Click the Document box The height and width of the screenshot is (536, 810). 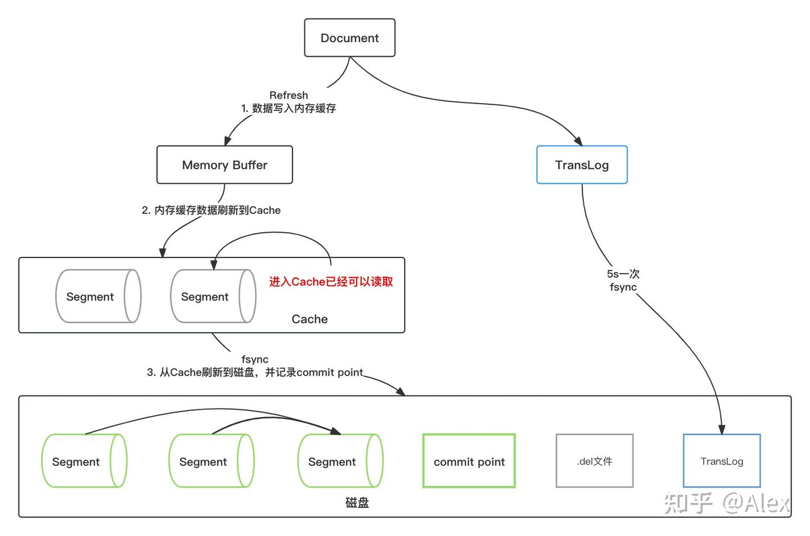[x=349, y=38]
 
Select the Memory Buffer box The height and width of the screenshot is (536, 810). [x=224, y=165]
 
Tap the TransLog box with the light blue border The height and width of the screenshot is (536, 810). [x=582, y=165]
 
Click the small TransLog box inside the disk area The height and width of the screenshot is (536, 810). [x=722, y=461]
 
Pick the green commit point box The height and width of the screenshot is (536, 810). [x=469, y=461]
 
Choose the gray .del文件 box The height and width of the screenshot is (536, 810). [x=595, y=461]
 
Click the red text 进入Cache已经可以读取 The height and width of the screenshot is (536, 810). [x=331, y=282]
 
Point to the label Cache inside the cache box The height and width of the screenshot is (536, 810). [x=309, y=319]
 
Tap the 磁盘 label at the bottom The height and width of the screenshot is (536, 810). [x=357, y=503]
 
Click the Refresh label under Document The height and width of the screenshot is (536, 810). [x=289, y=95]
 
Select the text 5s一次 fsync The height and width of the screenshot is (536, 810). [x=623, y=280]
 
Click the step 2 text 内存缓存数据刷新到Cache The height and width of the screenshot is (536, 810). [x=211, y=210]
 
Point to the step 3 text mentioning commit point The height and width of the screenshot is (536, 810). [x=255, y=372]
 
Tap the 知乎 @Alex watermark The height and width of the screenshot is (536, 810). [x=727, y=503]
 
